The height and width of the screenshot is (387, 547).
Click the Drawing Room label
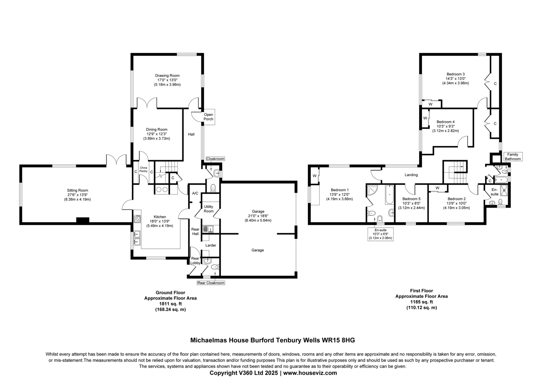coord(167,75)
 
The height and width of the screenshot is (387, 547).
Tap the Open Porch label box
coord(208,117)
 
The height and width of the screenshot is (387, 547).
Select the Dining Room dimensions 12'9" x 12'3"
coord(157,134)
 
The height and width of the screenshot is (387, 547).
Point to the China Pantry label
coord(143,169)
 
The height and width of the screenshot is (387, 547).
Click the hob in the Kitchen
coord(137,219)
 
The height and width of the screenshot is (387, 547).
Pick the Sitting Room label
coord(78,190)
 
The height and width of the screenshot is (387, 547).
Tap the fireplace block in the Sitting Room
coord(83,220)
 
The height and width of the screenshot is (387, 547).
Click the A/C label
coord(195,193)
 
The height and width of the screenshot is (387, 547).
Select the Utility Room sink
coord(208,229)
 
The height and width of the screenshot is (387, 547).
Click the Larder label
coord(211,245)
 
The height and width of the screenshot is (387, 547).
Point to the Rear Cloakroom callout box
coord(211,283)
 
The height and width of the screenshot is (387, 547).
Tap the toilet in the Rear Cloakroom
coord(215,267)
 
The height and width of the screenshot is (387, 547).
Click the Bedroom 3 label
coord(455,74)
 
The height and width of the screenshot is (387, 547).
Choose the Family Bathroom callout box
coord(512,157)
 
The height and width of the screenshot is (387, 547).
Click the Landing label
coord(411,175)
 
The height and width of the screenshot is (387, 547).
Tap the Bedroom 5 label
coord(411,199)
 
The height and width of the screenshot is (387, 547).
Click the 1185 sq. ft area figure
coord(422,302)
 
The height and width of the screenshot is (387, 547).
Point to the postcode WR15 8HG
coord(338,340)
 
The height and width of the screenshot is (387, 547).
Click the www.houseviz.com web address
coord(310,373)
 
